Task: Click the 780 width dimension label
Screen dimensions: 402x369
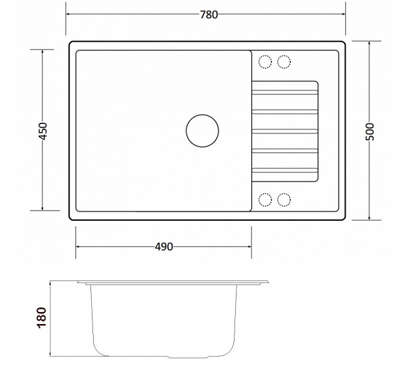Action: pos(208,15)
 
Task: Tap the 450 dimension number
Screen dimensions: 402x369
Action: pos(43,131)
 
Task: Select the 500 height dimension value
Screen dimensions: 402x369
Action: pos(369,131)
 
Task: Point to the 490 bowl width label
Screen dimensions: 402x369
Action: pos(164,247)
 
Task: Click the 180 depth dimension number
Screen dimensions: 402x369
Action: pos(42,317)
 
